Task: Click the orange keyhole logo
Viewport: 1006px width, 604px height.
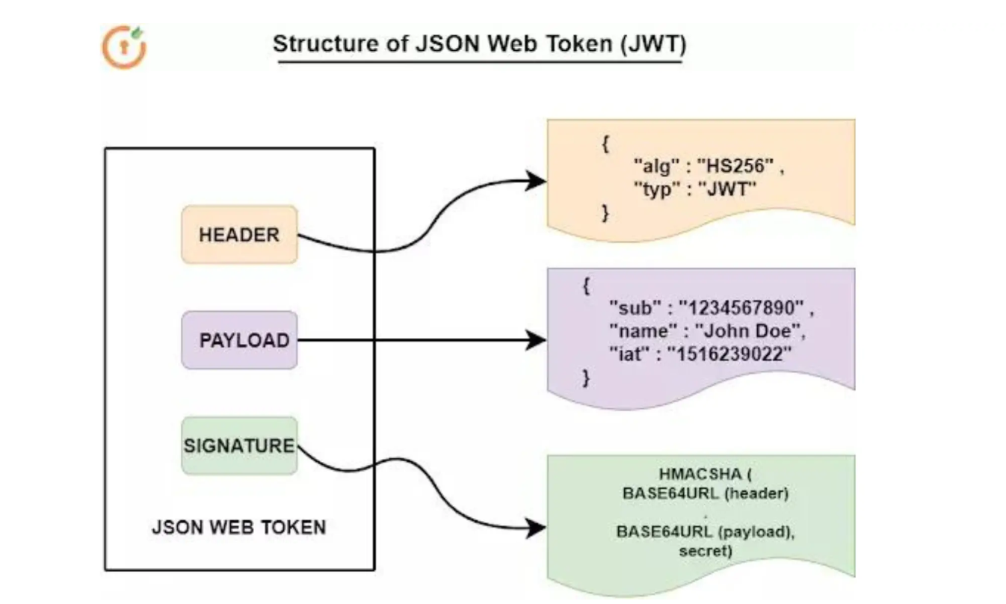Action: [124, 46]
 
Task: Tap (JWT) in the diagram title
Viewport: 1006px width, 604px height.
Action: [652, 44]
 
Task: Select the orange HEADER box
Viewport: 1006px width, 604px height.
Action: [239, 235]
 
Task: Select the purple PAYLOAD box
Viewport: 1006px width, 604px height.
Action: [239, 340]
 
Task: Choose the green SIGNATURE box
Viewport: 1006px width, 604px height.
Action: [239, 446]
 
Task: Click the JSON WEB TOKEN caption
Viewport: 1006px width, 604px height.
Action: [239, 527]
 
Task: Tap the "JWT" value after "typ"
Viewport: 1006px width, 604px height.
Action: [727, 190]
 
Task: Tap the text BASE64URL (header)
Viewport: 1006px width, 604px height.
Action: [706, 493]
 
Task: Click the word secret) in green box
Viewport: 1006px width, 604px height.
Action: [706, 552]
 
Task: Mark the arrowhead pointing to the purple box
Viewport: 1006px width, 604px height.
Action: [535, 340]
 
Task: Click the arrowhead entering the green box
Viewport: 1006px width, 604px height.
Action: [535, 528]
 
